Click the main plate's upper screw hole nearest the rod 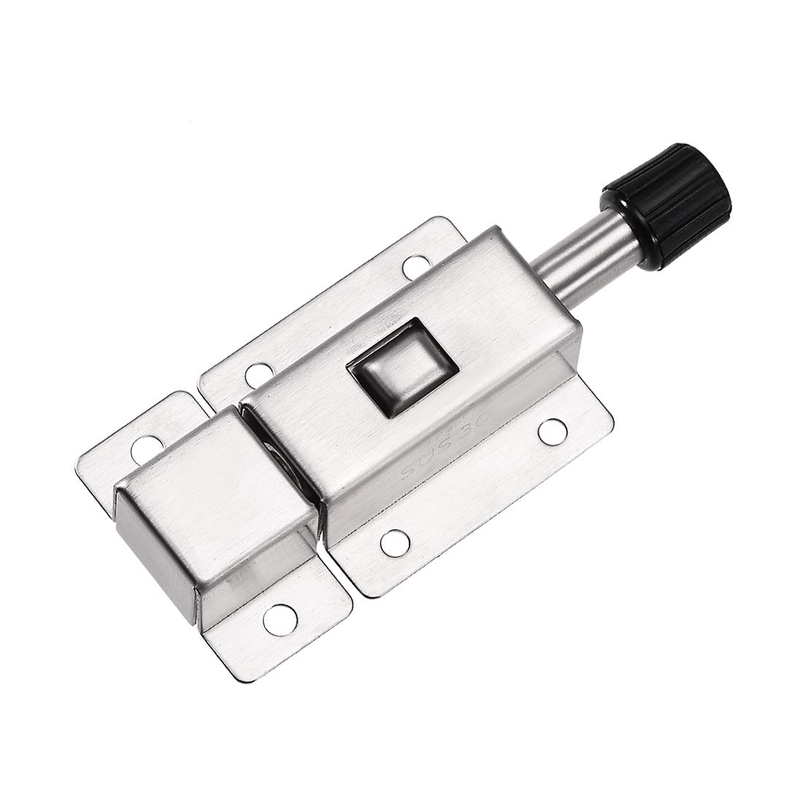click(x=417, y=267)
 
